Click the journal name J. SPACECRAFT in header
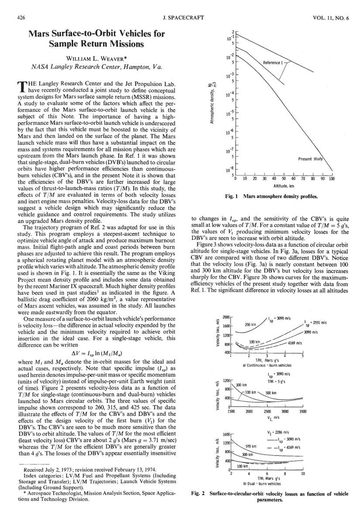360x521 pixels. (180, 18)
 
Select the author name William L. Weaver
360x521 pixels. (96, 59)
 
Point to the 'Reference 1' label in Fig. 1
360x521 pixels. (274, 63)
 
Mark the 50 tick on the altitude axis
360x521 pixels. (284, 179)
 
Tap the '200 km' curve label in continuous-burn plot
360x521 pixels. (250, 325)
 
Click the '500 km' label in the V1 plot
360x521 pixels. (271, 393)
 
